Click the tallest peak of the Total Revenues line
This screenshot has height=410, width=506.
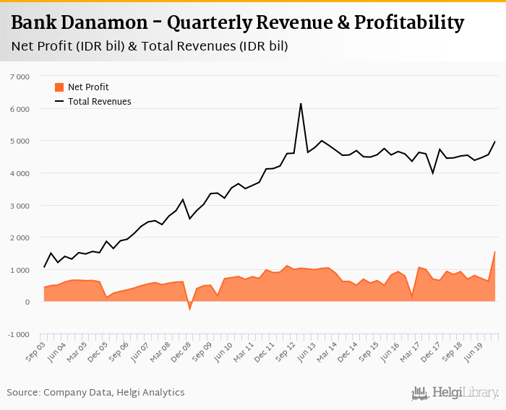(301, 104)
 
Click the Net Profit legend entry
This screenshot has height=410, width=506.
(87, 87)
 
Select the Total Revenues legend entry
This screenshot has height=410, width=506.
(100, 102)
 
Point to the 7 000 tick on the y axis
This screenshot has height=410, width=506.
(20, 77)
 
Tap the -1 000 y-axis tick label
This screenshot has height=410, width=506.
(18, 334)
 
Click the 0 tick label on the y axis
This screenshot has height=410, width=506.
(27, 302)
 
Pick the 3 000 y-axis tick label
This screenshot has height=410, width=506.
(20, 206)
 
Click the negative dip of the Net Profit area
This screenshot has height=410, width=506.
(190, 309)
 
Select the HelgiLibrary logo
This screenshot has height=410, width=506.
(455, 393)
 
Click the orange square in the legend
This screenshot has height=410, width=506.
(59, 87)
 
